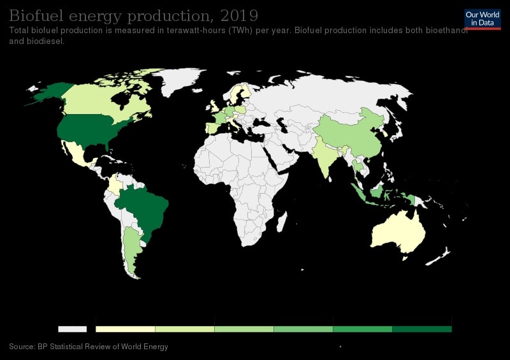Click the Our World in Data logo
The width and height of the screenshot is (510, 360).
pyautogui.click(x=483, y=18)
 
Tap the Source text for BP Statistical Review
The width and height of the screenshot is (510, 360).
pyautogui.click(x=89, y=347)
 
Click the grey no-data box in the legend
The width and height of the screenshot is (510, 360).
pyautogui.click(x=72, y=329)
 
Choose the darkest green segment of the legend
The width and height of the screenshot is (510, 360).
pyautogui.click(x=421, y=329)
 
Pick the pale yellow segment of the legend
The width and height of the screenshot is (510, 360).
pyautogui.click(x=126, y=329)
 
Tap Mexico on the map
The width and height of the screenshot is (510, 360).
pyautogui.click(x=76, y=153)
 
